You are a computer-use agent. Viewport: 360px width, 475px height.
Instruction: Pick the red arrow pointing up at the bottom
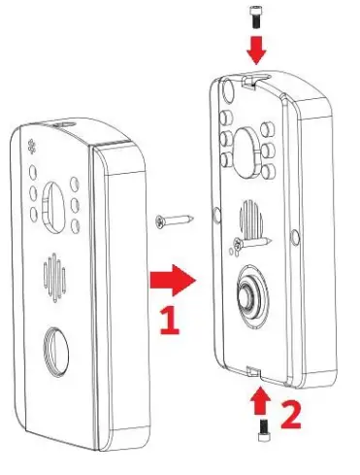(258, 400)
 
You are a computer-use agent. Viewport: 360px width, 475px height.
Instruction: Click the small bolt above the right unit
(254, 15)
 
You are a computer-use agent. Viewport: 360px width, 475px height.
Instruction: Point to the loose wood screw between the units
(171, 222)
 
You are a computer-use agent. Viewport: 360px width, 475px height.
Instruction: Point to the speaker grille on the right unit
(247, 220)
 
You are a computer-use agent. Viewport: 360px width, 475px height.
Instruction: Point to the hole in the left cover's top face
(65, 123)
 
